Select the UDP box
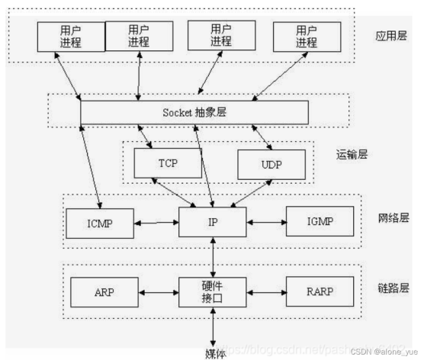[x=271, y=164]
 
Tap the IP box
[x=213, y=222]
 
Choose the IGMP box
[x=320, y=222]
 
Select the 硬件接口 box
[x=213, y=291]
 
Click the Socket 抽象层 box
[x=194, y=111]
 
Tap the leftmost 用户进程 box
[x=69, y=36]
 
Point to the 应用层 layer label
[x=393, y=36]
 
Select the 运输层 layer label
[x=352, y=153]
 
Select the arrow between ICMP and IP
[x=158, y=223]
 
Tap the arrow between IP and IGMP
[x=266, y=223]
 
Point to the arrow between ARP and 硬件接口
[x=158, y=291]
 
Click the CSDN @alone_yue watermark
[x=384, y=353]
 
